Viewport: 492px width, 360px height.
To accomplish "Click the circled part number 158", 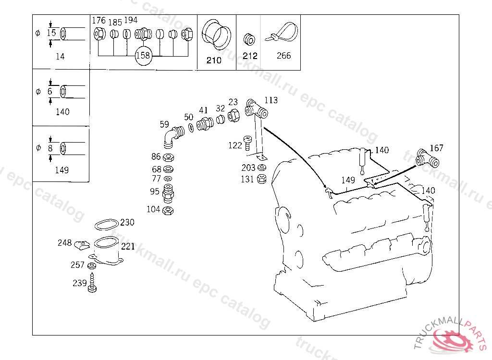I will point(143,55).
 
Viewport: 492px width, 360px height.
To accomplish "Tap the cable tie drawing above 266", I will point(282,34).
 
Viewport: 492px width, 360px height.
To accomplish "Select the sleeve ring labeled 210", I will point(215,34).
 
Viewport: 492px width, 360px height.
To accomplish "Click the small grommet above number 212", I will point(249,38).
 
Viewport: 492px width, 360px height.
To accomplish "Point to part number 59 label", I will point(164,125).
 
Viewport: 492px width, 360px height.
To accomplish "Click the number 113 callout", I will point(271,100).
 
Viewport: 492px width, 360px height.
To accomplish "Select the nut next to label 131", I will point(262,179).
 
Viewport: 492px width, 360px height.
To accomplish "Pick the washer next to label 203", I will point(262,168).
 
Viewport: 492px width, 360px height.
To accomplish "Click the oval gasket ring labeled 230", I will point(106,225).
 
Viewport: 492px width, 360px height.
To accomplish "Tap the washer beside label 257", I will point(91,265).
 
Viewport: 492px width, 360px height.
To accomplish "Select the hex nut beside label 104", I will point(168,210).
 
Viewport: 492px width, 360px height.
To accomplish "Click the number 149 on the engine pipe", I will point(348,180).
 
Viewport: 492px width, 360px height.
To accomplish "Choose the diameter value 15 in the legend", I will point(51,33).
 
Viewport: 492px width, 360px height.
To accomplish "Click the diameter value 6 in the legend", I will point(50,91).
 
